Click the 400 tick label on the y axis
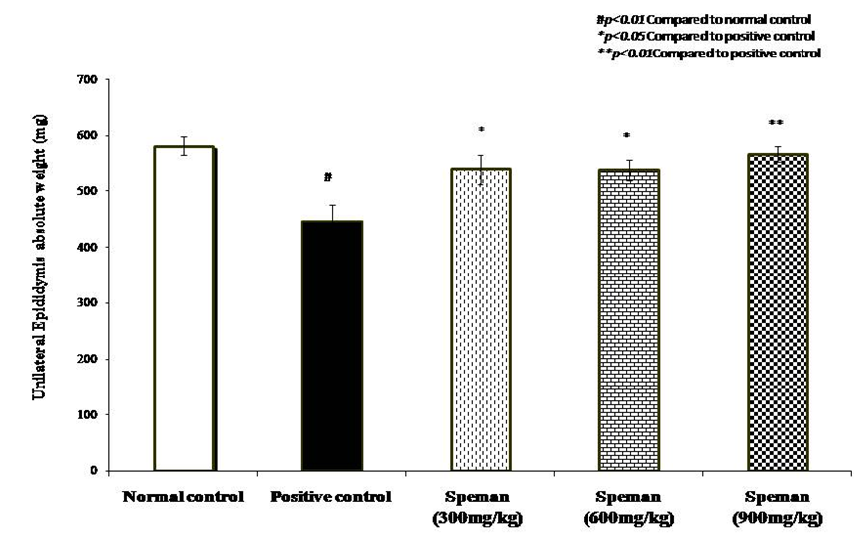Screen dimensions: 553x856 (x=101, y=247)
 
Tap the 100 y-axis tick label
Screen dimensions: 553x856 (x=101, y=414)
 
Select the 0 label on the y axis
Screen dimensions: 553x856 (x=107, y=471)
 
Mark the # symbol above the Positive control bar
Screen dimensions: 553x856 (x=326, y=178)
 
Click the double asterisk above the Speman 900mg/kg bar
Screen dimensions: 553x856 (x=776, y=123)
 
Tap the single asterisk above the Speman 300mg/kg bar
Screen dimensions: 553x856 (x=481, y=130)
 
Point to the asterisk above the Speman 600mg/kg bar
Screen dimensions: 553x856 (x=627, y=136)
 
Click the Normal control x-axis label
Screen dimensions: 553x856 (x=183, y=495)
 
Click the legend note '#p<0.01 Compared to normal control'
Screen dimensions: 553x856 (x=704, y=19)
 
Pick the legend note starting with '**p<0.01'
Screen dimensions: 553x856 (x=708, y=54)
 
